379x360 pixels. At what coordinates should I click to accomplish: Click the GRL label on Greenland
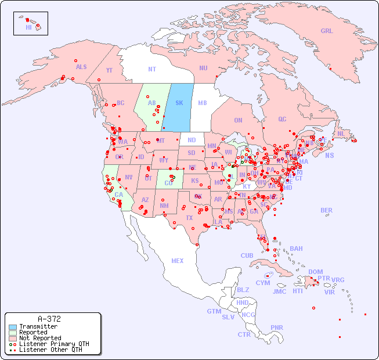click(327, 31)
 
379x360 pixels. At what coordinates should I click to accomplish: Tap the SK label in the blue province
click(179, 103)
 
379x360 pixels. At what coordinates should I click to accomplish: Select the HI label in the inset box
click(28, 27)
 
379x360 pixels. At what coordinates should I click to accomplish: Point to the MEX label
click(178, 261)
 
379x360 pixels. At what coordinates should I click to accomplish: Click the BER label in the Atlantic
click(327, 210)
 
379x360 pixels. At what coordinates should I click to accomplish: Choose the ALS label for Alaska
click(81, 67)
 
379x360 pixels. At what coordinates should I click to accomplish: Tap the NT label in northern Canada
click(152, 69)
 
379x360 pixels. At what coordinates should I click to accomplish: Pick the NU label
click(203, 68)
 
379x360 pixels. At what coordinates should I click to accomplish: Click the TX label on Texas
click(189, 218)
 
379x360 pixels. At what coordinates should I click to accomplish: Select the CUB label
click(247, 255)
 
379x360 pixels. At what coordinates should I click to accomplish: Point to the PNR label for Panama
click(277, 327)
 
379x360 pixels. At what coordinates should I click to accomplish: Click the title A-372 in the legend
click(49, 319)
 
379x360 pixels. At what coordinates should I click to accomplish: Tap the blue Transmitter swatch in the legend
click(13, 327)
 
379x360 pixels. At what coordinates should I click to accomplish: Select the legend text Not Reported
click(40, 338)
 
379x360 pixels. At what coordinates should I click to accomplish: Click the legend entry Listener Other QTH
click(50, 350)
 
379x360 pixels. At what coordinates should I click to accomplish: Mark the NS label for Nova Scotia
click(330, 156)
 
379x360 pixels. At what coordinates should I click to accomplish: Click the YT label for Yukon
click(109, 70)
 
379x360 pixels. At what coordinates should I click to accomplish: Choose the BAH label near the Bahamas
click(296, 249)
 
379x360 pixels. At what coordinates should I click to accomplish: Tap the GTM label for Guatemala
click(214, 311)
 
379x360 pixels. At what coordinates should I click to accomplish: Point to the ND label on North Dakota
click(192, 140)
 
